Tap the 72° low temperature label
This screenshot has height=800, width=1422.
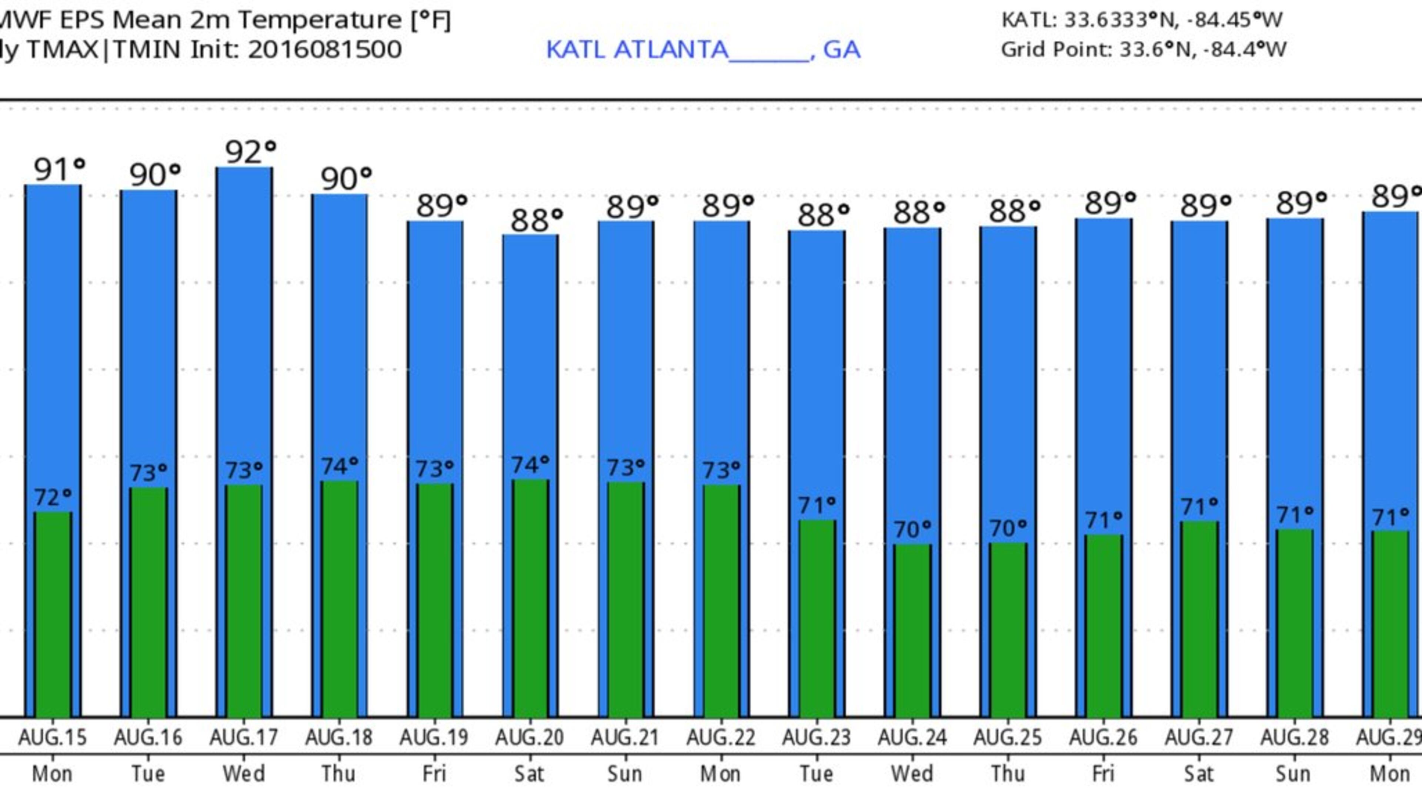click(x=53, y=497)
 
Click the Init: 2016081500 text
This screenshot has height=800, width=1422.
click(x=296, y=50)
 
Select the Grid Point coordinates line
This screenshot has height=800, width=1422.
click(x=1143, y=50)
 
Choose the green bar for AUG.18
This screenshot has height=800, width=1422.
click(x=339, y=599)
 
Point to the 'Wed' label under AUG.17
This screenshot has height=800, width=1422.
click(x=243, y=773)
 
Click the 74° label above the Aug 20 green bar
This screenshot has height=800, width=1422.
click(x=530, y=465)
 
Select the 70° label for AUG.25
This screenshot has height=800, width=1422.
click(x=1007, y=529)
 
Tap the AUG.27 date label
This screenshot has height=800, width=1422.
click(x=1198, y=737)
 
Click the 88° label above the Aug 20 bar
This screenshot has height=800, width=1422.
click(x=536, y=220)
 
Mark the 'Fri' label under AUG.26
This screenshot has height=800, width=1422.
click(x=1103, y=773)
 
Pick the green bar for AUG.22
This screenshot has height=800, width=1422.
click(x=721, y=601)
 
